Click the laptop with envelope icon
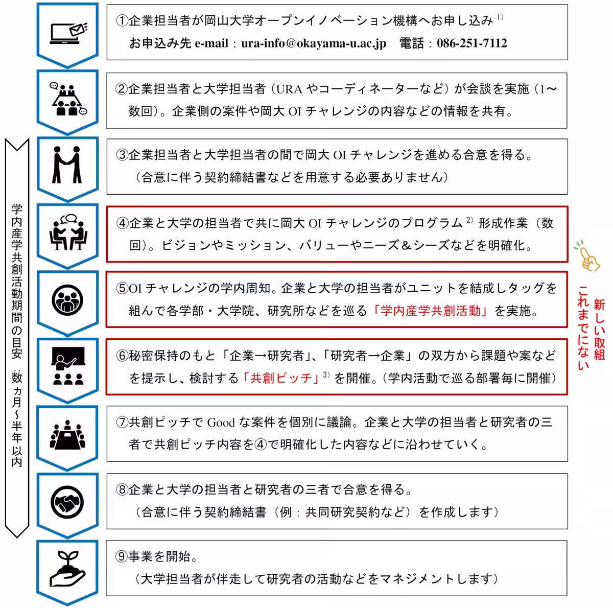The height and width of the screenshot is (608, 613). coord(68,33)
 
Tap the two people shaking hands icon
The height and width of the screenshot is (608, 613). coord(67,165)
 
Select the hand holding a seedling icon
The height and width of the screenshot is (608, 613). coord(67,568)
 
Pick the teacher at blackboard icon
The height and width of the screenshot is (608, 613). coord(67,366)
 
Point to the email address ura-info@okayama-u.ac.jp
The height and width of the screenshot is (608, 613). coord(314,43)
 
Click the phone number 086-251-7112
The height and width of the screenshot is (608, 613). coord(472,43)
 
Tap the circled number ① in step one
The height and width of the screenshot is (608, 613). coord(122,21)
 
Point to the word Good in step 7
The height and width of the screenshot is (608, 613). coord(221,423)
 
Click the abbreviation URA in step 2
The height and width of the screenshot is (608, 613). coord(289,89)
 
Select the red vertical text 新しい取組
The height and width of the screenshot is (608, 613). coord(599,330)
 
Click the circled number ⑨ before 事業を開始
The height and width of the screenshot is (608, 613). coord(122,556)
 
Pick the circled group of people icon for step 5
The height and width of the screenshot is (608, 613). coord(67,299)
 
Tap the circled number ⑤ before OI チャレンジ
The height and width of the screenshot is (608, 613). coord(122,289)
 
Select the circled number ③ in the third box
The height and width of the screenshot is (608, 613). coord(122,155)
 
